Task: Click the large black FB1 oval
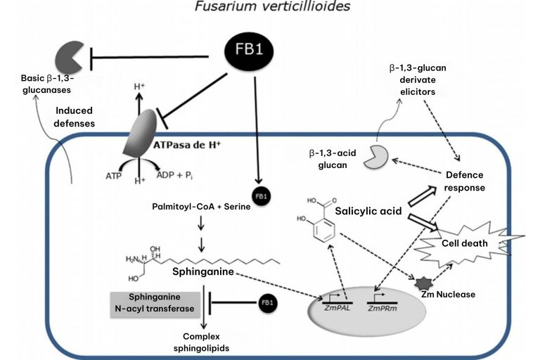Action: (249, 51)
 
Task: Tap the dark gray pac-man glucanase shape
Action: (68, 57)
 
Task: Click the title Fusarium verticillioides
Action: (272, 6)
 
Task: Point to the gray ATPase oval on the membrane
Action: (139, 133)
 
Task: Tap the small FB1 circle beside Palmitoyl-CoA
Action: (261, 196)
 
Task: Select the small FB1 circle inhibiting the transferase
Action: (267, 303)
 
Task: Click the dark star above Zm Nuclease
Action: (423, 283)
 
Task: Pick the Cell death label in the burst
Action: (465, 243)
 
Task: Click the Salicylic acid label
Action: (368, 211)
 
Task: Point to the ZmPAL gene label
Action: (337, 308)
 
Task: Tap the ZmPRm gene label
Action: (382, 309)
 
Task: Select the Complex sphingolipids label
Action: (202, 342)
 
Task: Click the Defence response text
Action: (464, 181)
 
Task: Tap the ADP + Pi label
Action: (174, 175)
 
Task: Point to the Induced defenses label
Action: (74, 117)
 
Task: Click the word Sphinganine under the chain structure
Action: (203, 271)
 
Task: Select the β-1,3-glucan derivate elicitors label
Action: (418, 79)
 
